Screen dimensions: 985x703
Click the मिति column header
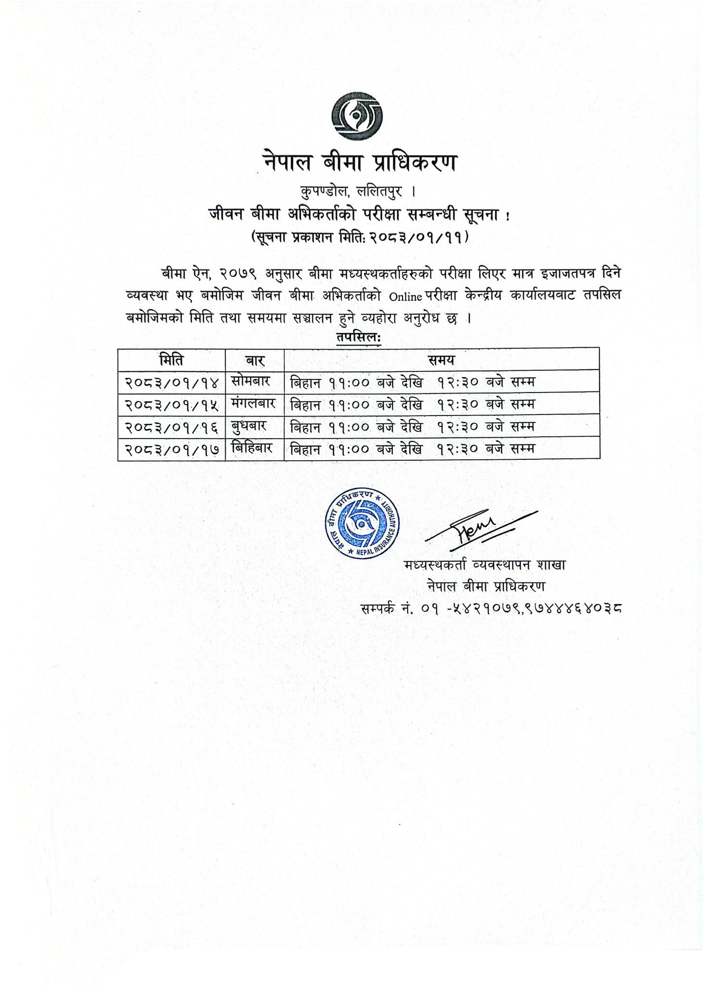(x=172, y=359)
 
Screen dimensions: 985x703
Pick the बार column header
(x=255, y=359)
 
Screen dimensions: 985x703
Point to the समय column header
(x=441, y=359)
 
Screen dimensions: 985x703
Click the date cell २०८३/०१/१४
(x=172, y=382)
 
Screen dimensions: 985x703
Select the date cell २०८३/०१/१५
(x=172, y=404)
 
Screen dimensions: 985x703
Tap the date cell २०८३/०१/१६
(x=172, y=427)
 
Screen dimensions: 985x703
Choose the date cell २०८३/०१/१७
(x=172, y=449)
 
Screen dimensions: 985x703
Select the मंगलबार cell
(x=253, y=404)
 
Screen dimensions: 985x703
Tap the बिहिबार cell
(x=252, y=448)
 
